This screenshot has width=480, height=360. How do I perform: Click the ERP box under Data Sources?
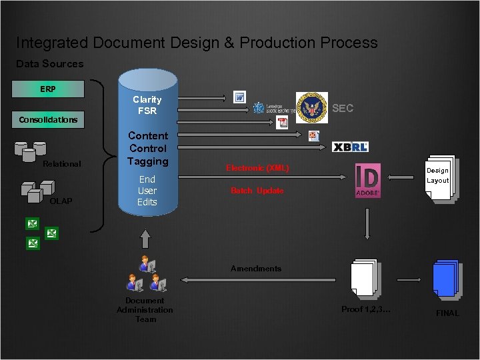coord(48,89)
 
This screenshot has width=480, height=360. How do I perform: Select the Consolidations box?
coord(48,119)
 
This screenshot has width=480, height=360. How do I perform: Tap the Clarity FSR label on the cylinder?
coord(147,105)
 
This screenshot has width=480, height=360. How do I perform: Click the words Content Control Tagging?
coord(147,148)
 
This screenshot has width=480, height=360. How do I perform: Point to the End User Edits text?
coord(147,190)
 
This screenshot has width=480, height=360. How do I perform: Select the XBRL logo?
coord(350,147)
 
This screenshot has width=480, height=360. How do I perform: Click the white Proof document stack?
coord(365,278)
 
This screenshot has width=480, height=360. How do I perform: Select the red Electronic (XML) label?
coord(257,169)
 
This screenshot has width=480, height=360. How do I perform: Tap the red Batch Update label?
coord(257,191)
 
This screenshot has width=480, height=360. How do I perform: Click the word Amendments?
coord(256,268)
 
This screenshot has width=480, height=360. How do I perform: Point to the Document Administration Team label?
coord(145,310)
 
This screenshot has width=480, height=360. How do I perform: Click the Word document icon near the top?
coord(240,98)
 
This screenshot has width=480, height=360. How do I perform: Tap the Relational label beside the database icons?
coord(62,164)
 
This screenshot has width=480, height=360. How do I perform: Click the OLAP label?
coord(61,201)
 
